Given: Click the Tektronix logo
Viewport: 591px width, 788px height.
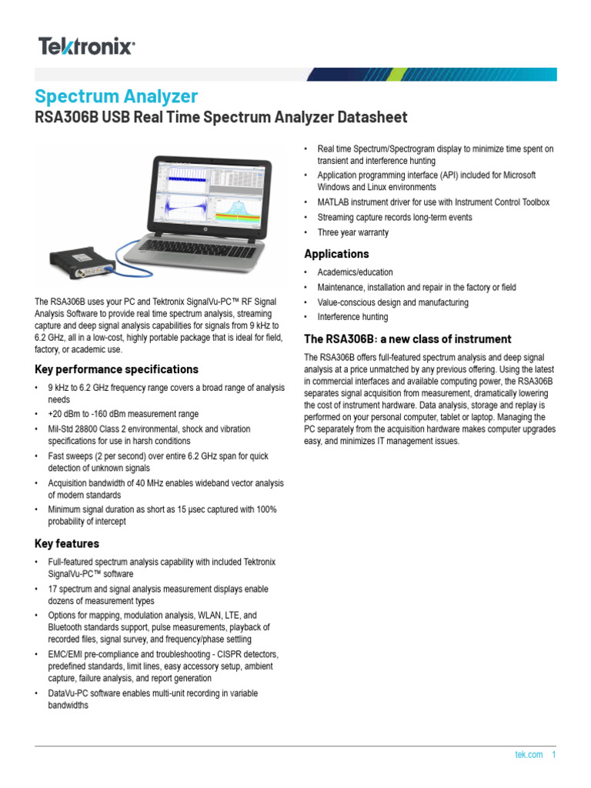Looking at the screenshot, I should coord(87,47).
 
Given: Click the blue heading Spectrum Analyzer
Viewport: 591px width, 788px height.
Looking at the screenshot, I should coord(116,96).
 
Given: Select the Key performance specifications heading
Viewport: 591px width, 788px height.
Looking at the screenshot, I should coord(116,369).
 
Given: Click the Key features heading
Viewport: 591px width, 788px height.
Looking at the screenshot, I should coord(67,543).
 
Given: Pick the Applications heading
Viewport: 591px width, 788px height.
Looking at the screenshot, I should coord(336,254).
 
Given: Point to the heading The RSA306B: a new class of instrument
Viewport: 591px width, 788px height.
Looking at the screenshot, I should coord(397,339).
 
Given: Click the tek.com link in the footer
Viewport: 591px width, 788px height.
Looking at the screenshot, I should coord(529,755).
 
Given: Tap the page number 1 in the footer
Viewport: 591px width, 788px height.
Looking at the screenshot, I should coord(553,755).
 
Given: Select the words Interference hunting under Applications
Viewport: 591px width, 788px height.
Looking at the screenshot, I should coord(352,317).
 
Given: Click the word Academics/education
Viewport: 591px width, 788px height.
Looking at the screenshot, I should coord(355,272).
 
